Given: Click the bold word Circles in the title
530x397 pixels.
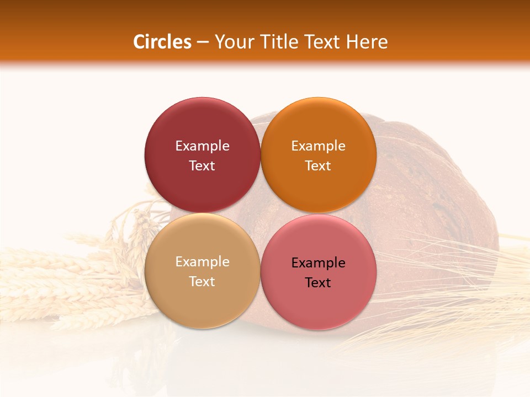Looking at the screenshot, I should point(162,42).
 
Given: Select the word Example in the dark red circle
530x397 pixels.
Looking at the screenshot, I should point(202,146).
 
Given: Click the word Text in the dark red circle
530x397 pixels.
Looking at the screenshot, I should point(202,165).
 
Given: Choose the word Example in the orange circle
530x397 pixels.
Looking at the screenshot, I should point(318,146).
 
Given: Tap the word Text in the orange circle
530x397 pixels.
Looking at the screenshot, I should point(318,165).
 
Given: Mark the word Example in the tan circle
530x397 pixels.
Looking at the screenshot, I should point(202,261).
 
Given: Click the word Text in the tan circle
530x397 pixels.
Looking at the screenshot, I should point(202,281).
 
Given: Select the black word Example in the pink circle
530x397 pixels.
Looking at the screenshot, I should point(318,262).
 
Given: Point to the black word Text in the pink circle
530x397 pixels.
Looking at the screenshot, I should point(318,282).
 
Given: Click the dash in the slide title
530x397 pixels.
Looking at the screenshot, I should point(203,42).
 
